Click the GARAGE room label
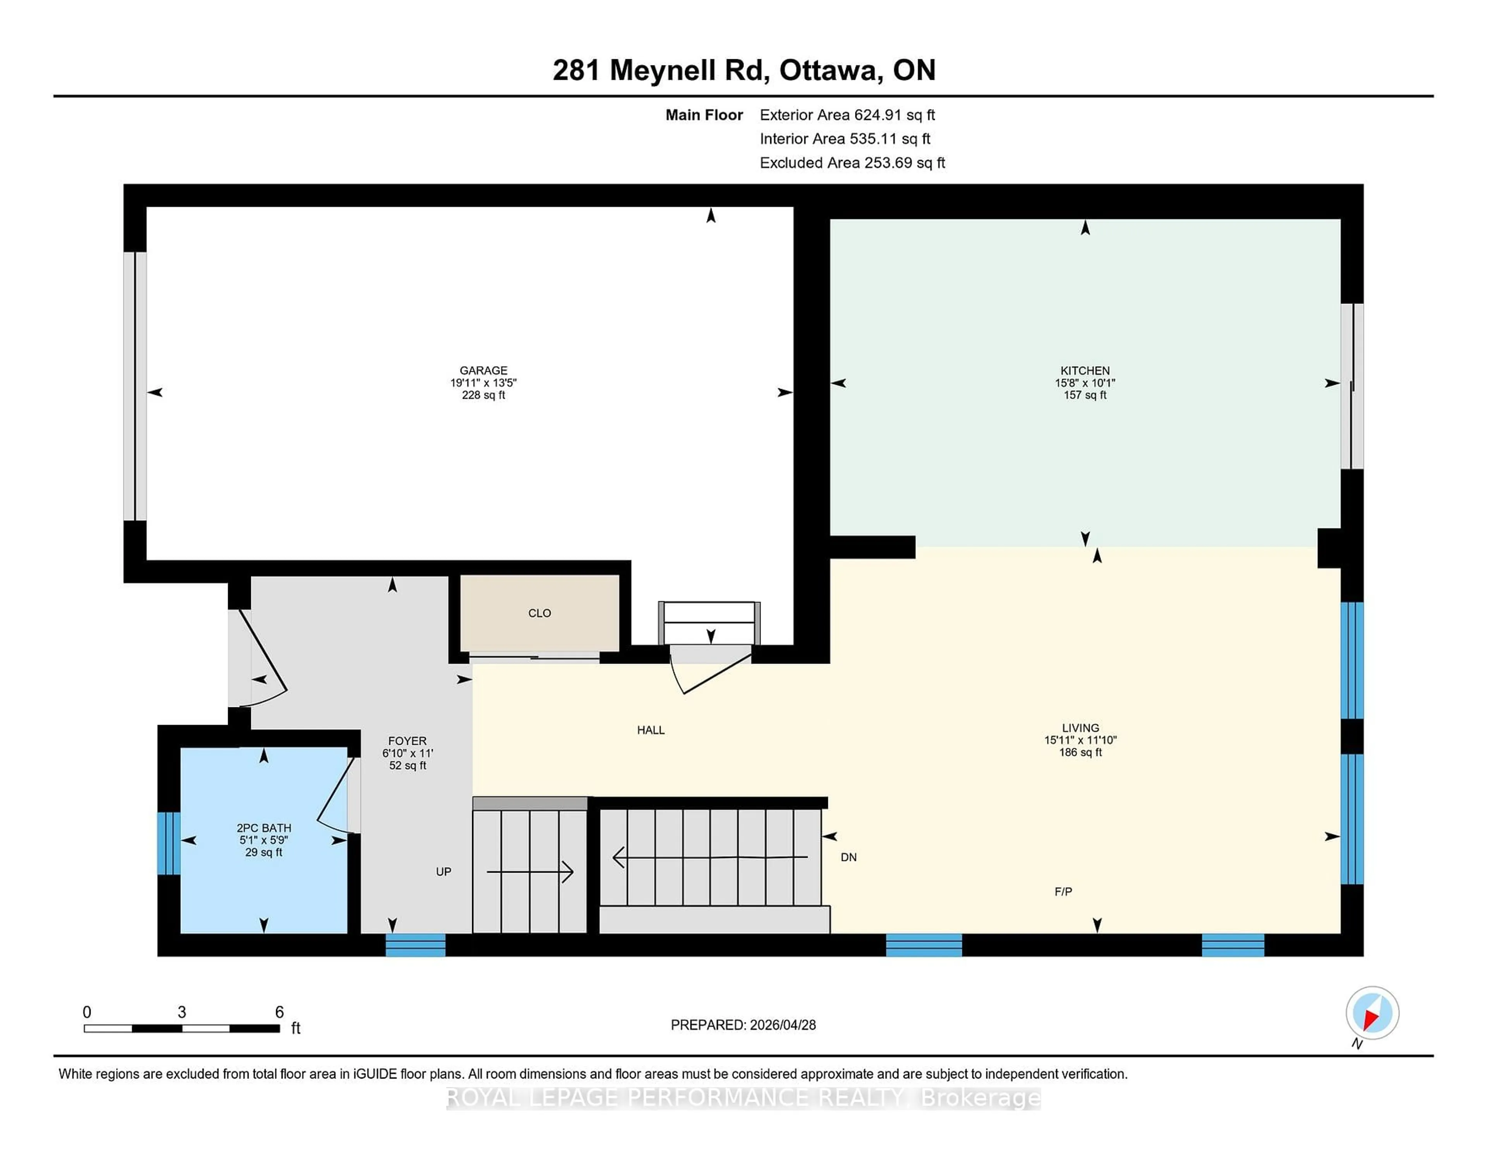pos(483,370)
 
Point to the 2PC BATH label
pos(263,828)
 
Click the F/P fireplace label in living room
pos(1063,892)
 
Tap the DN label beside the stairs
pos(848,857)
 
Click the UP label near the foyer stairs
pos(443,872)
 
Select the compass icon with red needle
pos(1372,1013)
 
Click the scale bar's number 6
pos(279,1012)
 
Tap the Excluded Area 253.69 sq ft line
pos(852,163)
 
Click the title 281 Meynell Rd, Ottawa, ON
pos(743,70)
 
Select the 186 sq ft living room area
pos(1080,752)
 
